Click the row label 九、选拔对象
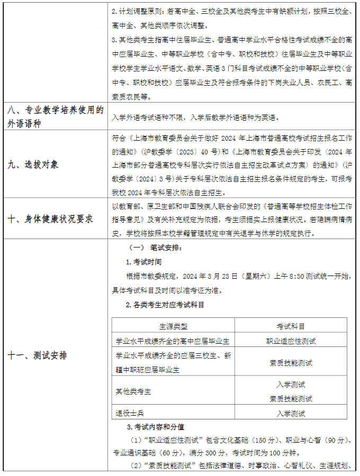click(x=33, y=164)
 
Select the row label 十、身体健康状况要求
click(x=50, y=218)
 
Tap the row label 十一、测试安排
click(x=37, y=355)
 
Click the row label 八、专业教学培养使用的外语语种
click(x=55, y=116)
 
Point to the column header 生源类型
click(x=173, y=326)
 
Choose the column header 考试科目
click(x=291, y=326)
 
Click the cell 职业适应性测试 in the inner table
click(x=291, y=341)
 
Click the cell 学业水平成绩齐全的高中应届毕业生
click(x=169, y=341)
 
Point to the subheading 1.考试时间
click(x=144, y=262)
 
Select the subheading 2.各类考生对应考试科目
click(x=165, y=305)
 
